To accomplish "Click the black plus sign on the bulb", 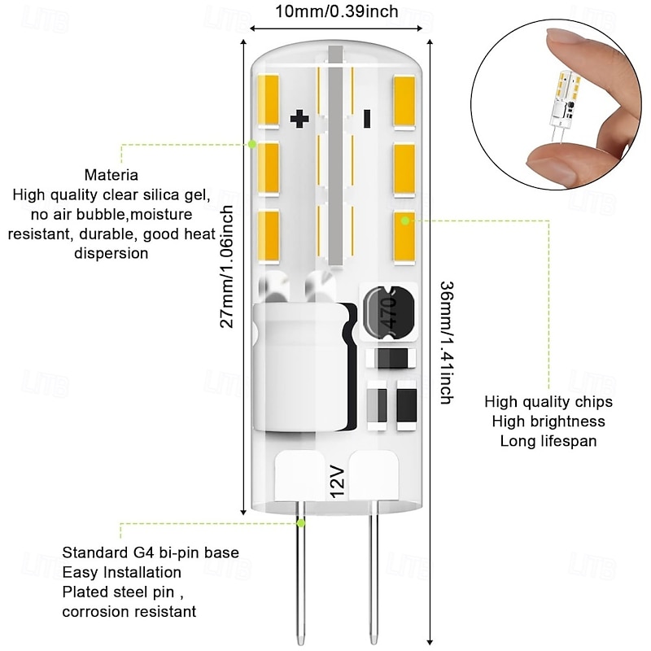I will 300,120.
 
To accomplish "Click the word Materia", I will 111,175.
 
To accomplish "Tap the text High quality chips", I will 548,402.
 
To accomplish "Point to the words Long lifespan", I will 548,441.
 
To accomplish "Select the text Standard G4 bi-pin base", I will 151,553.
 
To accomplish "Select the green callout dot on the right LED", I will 406,220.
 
